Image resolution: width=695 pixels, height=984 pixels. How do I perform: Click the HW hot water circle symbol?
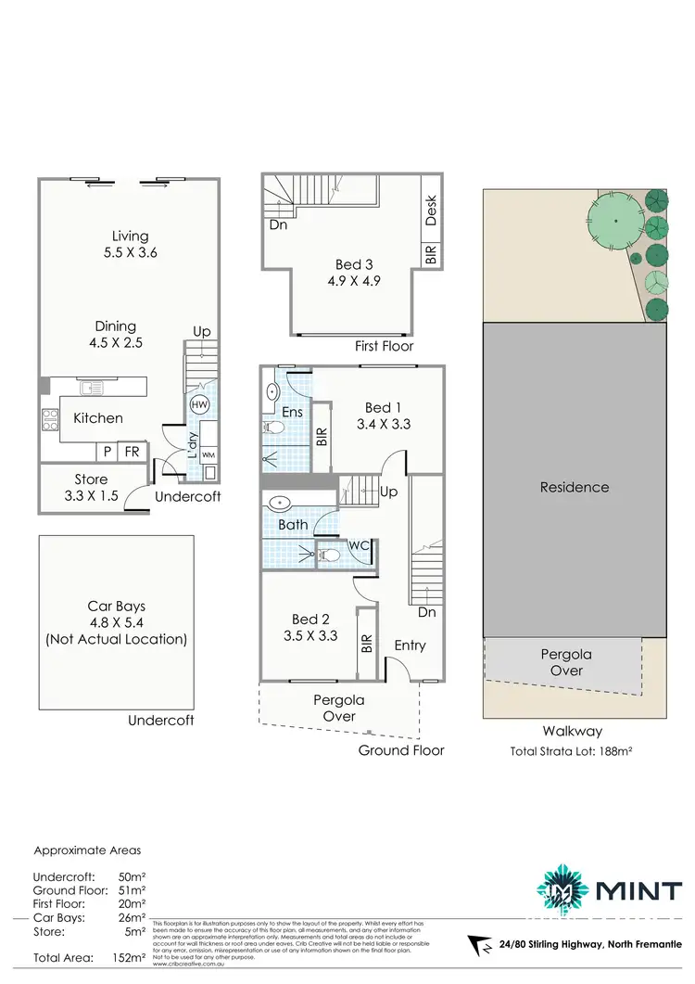point(199,405)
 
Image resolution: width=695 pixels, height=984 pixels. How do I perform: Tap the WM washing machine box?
point(208,455)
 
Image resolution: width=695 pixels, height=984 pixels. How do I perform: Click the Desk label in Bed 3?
point(431,211)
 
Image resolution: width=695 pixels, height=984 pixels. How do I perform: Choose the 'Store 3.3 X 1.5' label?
point(91,487)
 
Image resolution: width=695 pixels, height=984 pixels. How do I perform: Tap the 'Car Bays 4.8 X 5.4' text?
point(116,622)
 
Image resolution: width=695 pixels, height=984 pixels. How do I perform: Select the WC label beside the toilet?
point(359,545)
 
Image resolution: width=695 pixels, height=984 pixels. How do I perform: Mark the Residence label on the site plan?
point(575,487)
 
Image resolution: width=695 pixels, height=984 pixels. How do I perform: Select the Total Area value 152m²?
point(130,958)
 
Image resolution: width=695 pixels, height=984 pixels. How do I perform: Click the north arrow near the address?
point(480,946)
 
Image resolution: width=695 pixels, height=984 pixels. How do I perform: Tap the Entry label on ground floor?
point(410,645)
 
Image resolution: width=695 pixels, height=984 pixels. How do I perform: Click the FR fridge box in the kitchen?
point(133,452)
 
